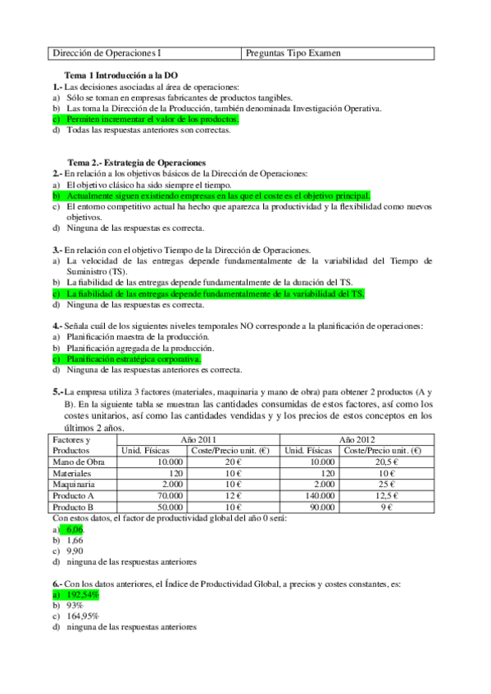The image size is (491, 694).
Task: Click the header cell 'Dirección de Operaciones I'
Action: [107, 53]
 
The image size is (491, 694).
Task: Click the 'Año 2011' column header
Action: [199, 439]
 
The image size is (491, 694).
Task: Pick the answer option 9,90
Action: [76, 552]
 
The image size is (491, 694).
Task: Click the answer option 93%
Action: [77, 606]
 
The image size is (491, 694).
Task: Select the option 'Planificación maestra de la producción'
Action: [138, 336]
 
